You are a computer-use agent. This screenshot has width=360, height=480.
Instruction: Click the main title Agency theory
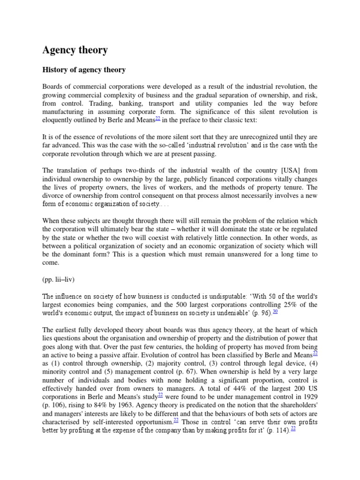coord(75,50)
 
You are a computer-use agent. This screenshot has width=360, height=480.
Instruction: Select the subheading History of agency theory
coord(84,70)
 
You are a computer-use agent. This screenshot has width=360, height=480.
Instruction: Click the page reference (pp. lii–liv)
coord(59,279)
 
